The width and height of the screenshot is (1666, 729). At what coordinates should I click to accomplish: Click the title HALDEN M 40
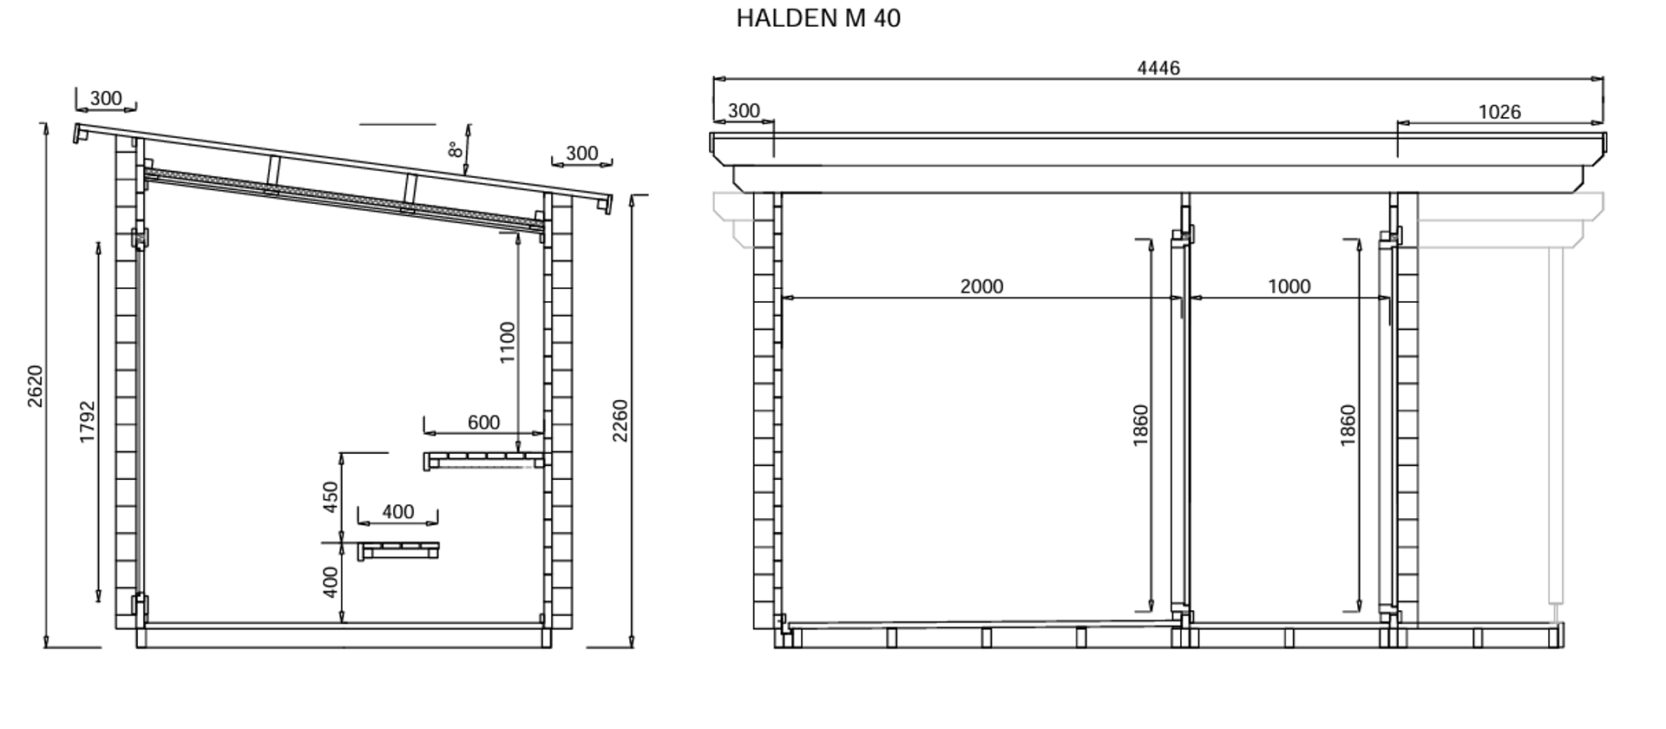point(818,18)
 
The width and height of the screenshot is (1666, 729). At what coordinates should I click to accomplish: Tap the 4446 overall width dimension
point(1158,68)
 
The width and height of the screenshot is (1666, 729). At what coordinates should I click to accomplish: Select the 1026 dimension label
point(1499,112)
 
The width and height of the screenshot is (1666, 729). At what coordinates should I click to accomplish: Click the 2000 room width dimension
point(981,286)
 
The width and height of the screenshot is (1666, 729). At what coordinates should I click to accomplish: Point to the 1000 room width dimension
point(1289,286)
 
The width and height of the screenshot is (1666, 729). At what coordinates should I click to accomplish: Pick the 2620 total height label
point(35,386)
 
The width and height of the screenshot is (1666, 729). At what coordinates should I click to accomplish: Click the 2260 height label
point(620,421)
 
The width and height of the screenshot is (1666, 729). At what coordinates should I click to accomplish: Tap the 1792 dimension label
point(88,422)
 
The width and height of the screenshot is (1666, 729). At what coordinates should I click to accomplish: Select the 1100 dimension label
point(508,343)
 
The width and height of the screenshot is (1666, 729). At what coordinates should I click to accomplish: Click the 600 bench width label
point(483,423)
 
